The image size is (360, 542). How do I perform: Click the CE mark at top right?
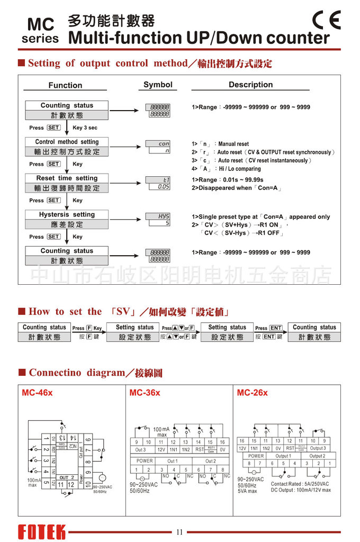[326, 20]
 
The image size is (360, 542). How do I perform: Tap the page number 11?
[179, 532]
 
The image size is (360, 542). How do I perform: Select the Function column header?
[65, 85]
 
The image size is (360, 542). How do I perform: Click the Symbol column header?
[158, 85]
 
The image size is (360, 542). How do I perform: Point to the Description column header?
[250, 85]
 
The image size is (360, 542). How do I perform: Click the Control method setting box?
[67, 147]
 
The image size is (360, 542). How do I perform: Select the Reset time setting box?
[67, 183]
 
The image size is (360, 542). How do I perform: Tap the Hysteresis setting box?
[67, 220]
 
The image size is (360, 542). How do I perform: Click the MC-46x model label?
[37, 393]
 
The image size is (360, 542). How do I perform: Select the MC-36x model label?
[145, 393]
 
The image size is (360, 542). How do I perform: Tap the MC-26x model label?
[252, 393]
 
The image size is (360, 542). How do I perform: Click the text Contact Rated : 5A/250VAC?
[300, 484]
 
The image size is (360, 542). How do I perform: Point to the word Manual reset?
[233, 144]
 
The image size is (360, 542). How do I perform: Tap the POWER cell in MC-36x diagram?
[144, 461]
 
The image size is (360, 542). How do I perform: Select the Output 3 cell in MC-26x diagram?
[318, 448]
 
